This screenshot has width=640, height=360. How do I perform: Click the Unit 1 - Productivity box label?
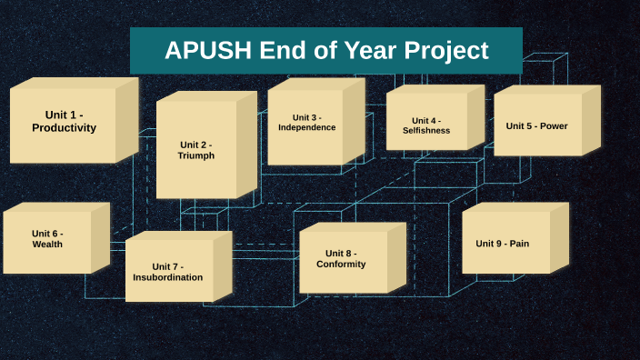pos(64,121)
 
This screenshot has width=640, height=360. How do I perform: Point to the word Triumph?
pos(196,155)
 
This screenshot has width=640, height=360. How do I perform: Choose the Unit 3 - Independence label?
pos(306,122)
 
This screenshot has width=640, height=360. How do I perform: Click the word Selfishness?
pos(426,131)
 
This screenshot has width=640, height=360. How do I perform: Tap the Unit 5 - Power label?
pos(536,125)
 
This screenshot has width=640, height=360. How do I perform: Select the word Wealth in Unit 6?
pos(47,245)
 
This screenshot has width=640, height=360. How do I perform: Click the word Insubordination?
pos(168,277)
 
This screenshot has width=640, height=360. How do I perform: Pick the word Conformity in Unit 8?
pos(341,265)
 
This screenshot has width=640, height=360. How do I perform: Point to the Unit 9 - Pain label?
pos(502,244)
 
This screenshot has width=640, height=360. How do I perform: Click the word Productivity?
pos(64,128)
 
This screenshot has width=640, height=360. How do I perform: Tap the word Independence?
pos(306,127)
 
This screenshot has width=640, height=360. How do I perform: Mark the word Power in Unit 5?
pos(554,125)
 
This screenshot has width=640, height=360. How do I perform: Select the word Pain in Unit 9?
pos(519,244)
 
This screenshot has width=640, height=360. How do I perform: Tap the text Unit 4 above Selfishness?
pos(426,120)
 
